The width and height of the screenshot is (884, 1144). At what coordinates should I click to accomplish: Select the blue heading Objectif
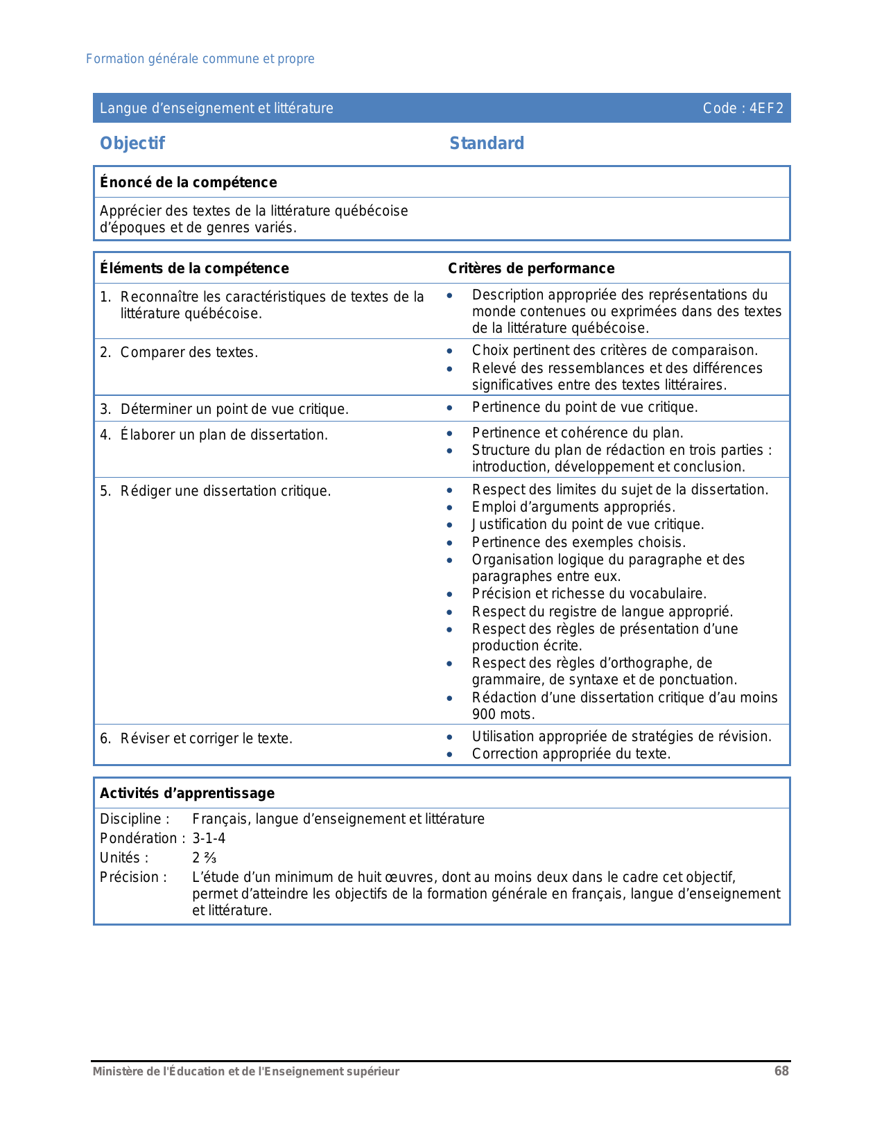[x=132, y=144]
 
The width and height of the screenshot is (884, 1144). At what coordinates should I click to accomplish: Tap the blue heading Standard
[x=487, y=144]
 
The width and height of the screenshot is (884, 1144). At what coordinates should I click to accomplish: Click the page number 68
[x=781, y=1071]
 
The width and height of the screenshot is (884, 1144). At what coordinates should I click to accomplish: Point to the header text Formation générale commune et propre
[x=200, y=59]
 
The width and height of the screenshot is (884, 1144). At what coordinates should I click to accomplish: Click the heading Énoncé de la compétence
[x=188, y=182]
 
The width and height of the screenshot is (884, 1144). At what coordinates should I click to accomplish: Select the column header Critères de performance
[x=531, y=268]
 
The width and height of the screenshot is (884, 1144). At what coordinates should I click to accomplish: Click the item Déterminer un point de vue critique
[x=234, y=409]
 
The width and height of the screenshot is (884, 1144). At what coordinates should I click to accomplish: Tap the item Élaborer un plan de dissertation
[x=223, y=435]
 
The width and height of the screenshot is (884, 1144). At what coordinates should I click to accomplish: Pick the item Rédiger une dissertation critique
[x=225, y=491]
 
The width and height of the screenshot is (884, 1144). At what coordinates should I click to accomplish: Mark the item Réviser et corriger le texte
[x=206, y=738]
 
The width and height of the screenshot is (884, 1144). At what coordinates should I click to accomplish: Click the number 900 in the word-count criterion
[x=484, y=714]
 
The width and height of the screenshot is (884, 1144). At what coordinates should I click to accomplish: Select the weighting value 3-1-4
[x=209, y=838]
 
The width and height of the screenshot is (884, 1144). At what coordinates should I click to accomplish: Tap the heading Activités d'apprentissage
[x=187, y=793]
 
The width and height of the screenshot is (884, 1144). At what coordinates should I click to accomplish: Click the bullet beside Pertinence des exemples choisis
[x=450, y=543]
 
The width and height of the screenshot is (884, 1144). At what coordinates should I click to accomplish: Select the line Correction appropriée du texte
[x=571, y=754]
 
